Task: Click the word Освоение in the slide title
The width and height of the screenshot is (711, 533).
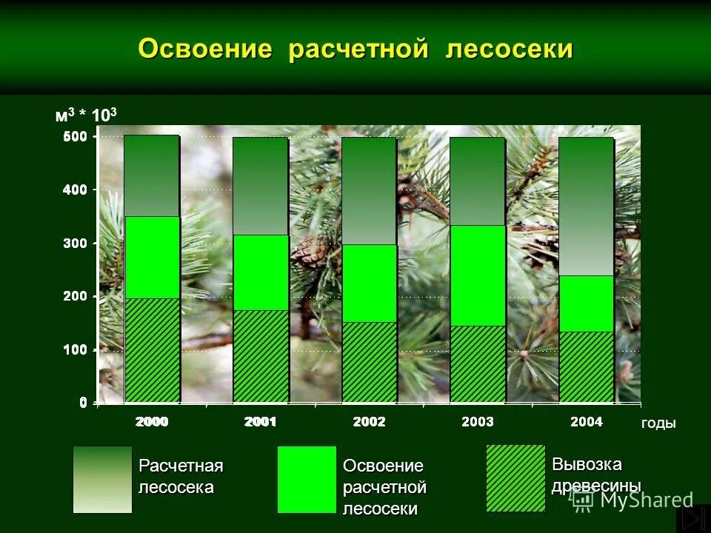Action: [x=207, y=49]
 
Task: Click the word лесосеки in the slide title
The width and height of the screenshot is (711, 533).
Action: [x=510, y=49]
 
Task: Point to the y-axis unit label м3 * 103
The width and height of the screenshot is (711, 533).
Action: [x=86, y=115]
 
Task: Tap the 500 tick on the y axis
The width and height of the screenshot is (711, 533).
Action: [x=76, y=137]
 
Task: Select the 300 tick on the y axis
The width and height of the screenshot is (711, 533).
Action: [x=76, y=243]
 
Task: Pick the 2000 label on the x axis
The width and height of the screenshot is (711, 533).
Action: [x=152, y=422]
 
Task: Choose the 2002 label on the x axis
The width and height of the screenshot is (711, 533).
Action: [x=369, y=422]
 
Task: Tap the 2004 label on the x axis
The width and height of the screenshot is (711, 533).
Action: [x=586, y=422]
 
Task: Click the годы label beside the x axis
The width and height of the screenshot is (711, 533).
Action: [x=658, y=423]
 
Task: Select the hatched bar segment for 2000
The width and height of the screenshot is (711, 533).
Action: [x=152, y=349]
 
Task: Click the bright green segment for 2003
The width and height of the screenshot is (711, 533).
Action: [x=478, y=275]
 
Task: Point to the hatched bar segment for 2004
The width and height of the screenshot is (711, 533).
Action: [x=586, y=366]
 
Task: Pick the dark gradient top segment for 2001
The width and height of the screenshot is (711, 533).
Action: [x=261, y=186]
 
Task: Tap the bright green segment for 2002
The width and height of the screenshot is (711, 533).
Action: [x=369, y=283]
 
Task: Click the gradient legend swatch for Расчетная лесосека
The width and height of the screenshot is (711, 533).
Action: [x=102, y=479]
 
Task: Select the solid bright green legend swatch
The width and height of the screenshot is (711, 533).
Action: [x=307, y=479]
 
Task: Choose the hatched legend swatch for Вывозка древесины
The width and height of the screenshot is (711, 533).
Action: [x=515, y=477]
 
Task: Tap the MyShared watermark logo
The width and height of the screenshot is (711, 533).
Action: [x=634, y=500]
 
